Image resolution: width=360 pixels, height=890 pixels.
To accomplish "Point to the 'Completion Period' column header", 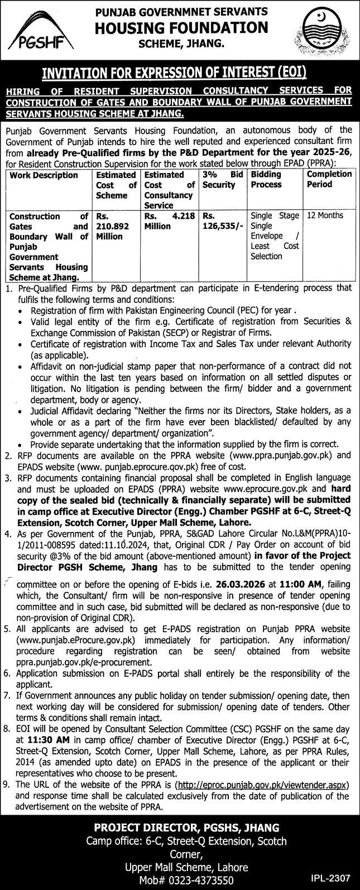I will (x=329, y=179).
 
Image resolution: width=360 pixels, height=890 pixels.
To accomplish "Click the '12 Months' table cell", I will (x=321, y=215).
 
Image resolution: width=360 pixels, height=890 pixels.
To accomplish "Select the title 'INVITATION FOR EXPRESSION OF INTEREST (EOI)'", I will (x=180, y=73).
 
